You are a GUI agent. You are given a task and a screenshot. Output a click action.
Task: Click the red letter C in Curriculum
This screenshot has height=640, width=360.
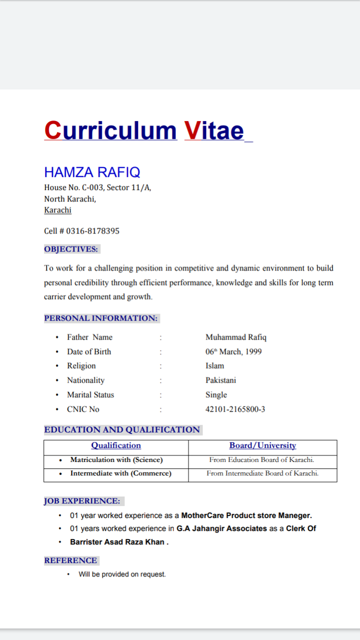52,130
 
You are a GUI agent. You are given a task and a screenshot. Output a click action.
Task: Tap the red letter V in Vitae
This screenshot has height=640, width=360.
192,130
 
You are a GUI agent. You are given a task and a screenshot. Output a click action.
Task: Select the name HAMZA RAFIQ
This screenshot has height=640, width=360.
92,172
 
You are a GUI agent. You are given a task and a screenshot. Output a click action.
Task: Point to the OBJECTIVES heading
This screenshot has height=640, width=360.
71,249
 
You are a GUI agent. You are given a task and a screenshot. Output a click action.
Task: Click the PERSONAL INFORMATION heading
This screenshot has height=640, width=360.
101,318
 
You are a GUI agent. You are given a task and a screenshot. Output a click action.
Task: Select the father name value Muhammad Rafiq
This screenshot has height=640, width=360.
236,337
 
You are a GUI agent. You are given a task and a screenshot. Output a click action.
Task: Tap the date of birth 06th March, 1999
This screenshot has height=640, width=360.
233,351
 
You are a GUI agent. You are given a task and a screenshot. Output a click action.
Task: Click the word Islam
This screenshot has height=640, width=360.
215,366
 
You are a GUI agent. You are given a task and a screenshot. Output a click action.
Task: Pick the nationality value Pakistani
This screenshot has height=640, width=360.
220,380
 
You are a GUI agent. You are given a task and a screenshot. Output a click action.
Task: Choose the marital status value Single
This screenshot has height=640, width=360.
216,395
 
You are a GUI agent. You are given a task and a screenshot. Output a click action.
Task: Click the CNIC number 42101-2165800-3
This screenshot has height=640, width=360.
235,409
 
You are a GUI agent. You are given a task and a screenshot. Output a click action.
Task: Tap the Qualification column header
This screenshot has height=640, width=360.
116,445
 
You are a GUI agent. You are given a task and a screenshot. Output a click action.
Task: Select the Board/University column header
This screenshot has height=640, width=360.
262,445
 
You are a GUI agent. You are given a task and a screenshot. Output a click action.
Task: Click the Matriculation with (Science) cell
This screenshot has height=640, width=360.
116,460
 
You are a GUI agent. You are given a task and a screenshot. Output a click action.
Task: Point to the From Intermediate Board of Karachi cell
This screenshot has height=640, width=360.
262,473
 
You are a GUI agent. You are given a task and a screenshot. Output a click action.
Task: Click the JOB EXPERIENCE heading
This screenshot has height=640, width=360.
82,500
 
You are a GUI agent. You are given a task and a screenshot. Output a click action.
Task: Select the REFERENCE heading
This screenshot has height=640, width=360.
70,560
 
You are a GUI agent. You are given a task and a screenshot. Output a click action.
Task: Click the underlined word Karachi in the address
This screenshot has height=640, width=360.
57,210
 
